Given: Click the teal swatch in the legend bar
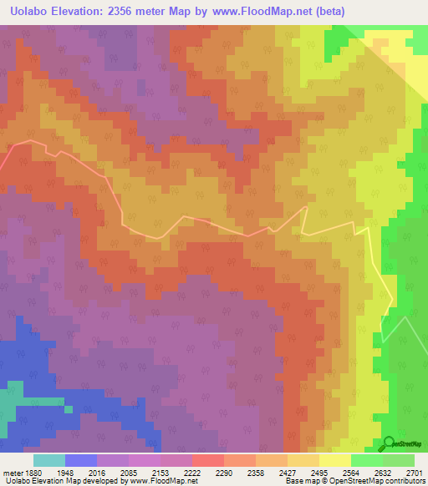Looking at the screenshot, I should click(49, 460).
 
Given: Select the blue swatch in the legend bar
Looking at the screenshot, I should click(81, 460).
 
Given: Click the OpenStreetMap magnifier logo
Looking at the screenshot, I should click(389, 443).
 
